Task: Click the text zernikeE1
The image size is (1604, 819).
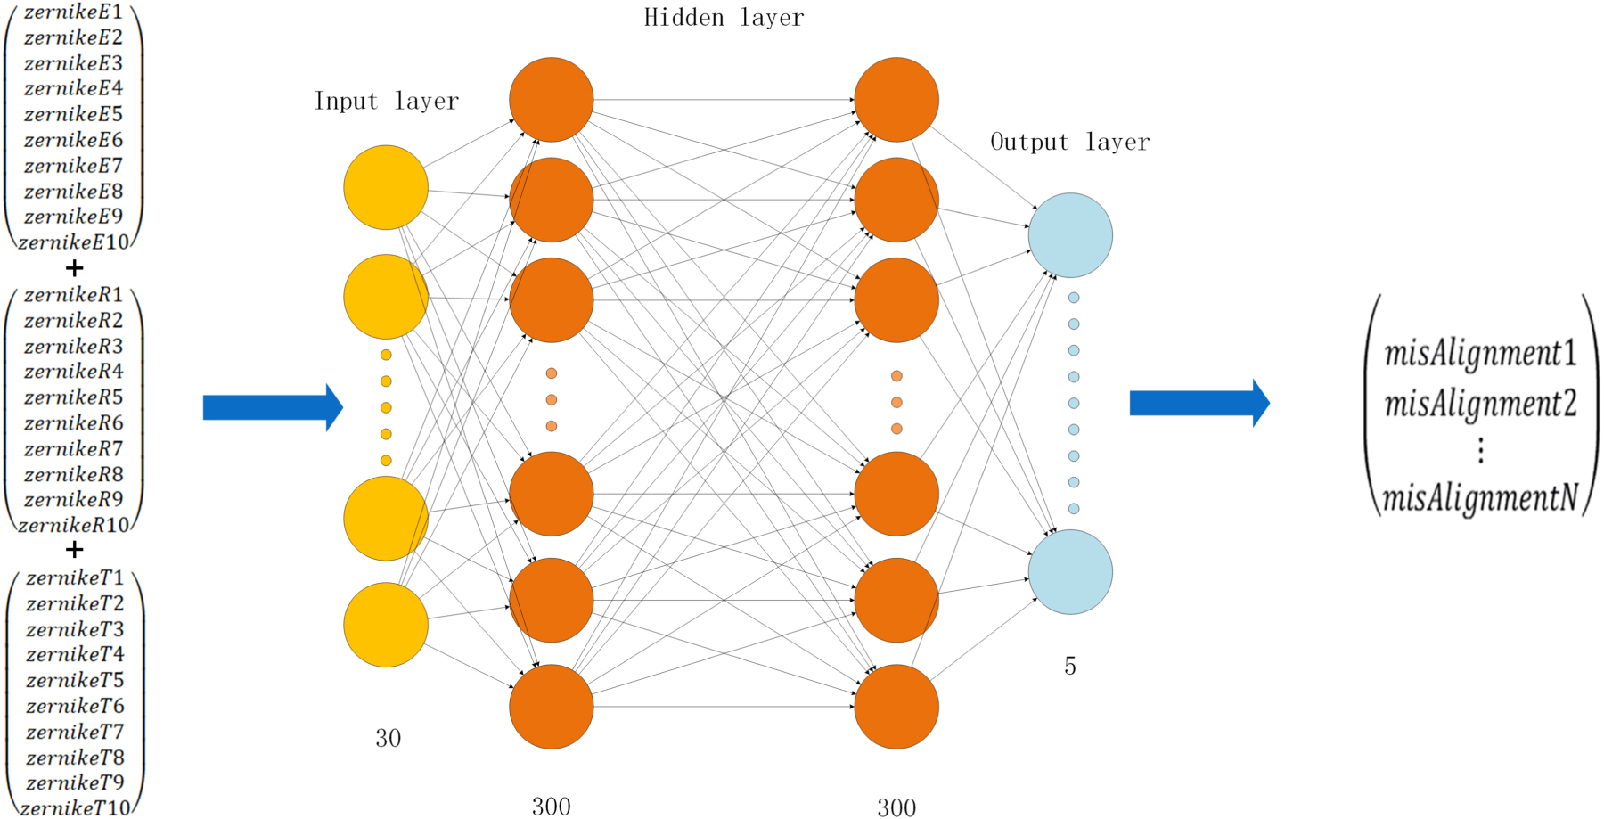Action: tap(73, 12)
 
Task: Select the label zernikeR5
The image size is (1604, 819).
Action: tap(73, 397)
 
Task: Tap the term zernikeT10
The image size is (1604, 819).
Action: tap(75, 808)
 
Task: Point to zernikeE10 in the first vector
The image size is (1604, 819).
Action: tap(74, 242)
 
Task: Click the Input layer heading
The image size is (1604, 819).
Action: tap(387, 102)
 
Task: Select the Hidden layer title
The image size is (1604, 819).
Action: tap(724, 18)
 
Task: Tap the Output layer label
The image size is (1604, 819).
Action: tap(1069, 143)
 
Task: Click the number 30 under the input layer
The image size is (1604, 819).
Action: tap(388, 738)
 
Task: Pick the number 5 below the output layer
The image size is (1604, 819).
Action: tap(1070, 666)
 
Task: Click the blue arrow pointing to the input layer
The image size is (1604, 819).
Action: tap(273, 407)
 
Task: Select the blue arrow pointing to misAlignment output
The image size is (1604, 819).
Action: tap(1199, 403)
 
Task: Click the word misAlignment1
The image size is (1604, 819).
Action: tap(1480, 354)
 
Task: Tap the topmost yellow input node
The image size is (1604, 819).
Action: tap(386, 187)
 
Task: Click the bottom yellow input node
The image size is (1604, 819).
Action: tap(386, 625)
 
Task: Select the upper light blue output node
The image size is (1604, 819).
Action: tap(1070, 235)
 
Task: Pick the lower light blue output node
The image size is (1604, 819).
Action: tap(1070, 572)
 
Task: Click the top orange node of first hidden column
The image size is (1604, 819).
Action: tap(552, 100)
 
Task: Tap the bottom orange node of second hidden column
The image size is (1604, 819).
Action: tap(896, 707)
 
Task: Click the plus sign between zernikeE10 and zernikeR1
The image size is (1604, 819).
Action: tap(75, 267)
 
